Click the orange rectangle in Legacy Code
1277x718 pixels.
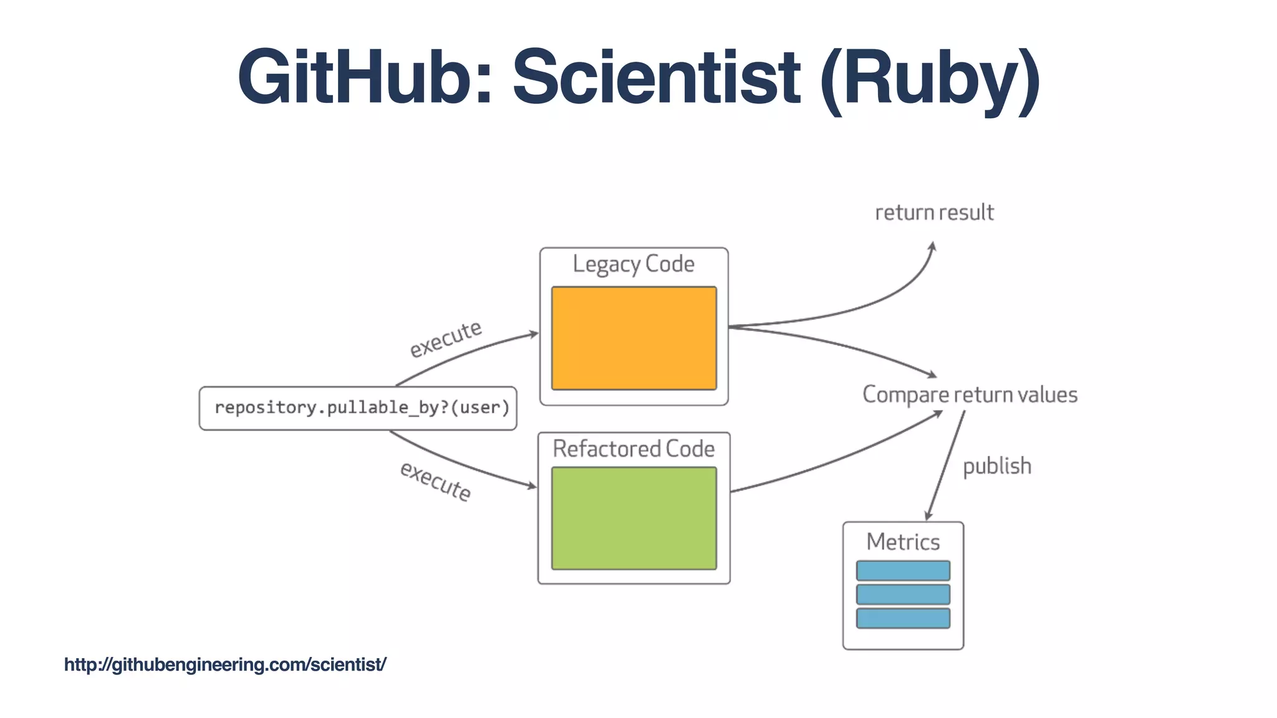(x=634, y=338)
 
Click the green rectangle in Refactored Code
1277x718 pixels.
(x=634, y=518)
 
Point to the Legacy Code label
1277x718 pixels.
(x=634, y=264)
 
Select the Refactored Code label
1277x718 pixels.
(x=634, y=449)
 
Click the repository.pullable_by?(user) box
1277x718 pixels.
(x=358, y=408)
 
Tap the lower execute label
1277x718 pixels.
(x=435, y=481)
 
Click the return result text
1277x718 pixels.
(x=934, y=213)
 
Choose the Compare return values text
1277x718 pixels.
(x=970, y=395)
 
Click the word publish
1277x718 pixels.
(x=996, y=466)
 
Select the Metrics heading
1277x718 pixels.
(x=903, y=542)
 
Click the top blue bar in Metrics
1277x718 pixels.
(x=903, y=570)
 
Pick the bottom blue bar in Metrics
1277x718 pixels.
(x=903, y=618)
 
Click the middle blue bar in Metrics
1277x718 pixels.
(x=903, y=594)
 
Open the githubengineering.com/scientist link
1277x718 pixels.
(x=225, y=664)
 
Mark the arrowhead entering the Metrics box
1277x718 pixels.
(x=928, y=516)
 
